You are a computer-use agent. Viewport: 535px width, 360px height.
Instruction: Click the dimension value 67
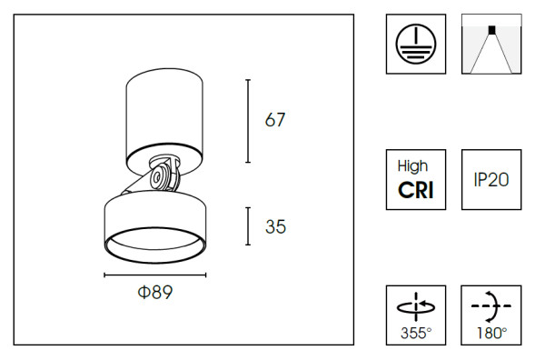coord(275,120)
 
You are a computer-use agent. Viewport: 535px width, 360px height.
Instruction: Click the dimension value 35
coord(275,226)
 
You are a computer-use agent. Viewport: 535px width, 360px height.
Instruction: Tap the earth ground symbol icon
coord(416,44)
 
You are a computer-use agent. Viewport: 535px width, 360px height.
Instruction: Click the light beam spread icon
coord(491,44)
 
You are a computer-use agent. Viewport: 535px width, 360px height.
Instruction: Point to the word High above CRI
coord(416,166)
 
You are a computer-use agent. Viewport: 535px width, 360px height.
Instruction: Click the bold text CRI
coord(416,189)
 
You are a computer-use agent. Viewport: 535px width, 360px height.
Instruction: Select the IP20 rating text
coord(491,179)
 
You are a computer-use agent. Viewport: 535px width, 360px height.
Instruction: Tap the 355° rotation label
coord(416,333)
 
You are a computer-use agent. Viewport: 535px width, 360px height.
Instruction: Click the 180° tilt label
coord(491,333)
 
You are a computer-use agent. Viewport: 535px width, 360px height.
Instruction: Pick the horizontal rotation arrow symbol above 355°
coord(416,304)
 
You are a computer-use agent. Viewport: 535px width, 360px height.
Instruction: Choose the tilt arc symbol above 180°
coord(491,304)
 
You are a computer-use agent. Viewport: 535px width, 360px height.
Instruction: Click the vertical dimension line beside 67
coord(248,118)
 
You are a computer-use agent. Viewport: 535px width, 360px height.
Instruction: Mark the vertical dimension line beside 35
coord(248,226)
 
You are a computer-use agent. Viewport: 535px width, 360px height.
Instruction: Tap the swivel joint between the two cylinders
coord(161,175)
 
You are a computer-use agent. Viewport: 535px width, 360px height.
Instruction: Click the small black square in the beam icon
coord(491,29)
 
